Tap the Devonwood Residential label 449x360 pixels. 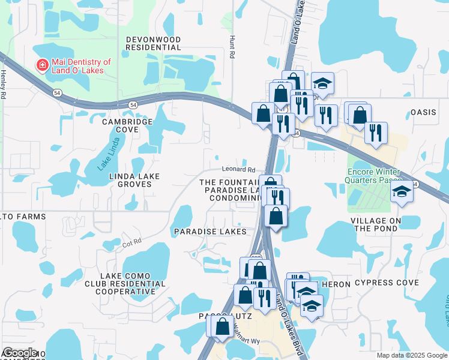[153, 43]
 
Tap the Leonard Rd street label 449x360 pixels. [238, 170]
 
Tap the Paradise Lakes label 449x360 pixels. [210, 232]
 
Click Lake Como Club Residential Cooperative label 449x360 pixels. [125, 283]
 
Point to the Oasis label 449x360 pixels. [426, 112]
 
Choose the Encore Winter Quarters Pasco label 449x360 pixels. [373, 175]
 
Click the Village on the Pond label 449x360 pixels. [376, 224]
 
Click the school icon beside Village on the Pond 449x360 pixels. [402, 192]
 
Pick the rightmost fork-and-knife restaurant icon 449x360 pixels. [376, 133]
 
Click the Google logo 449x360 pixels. [20, 352]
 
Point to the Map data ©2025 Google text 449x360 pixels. [411, 355]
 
